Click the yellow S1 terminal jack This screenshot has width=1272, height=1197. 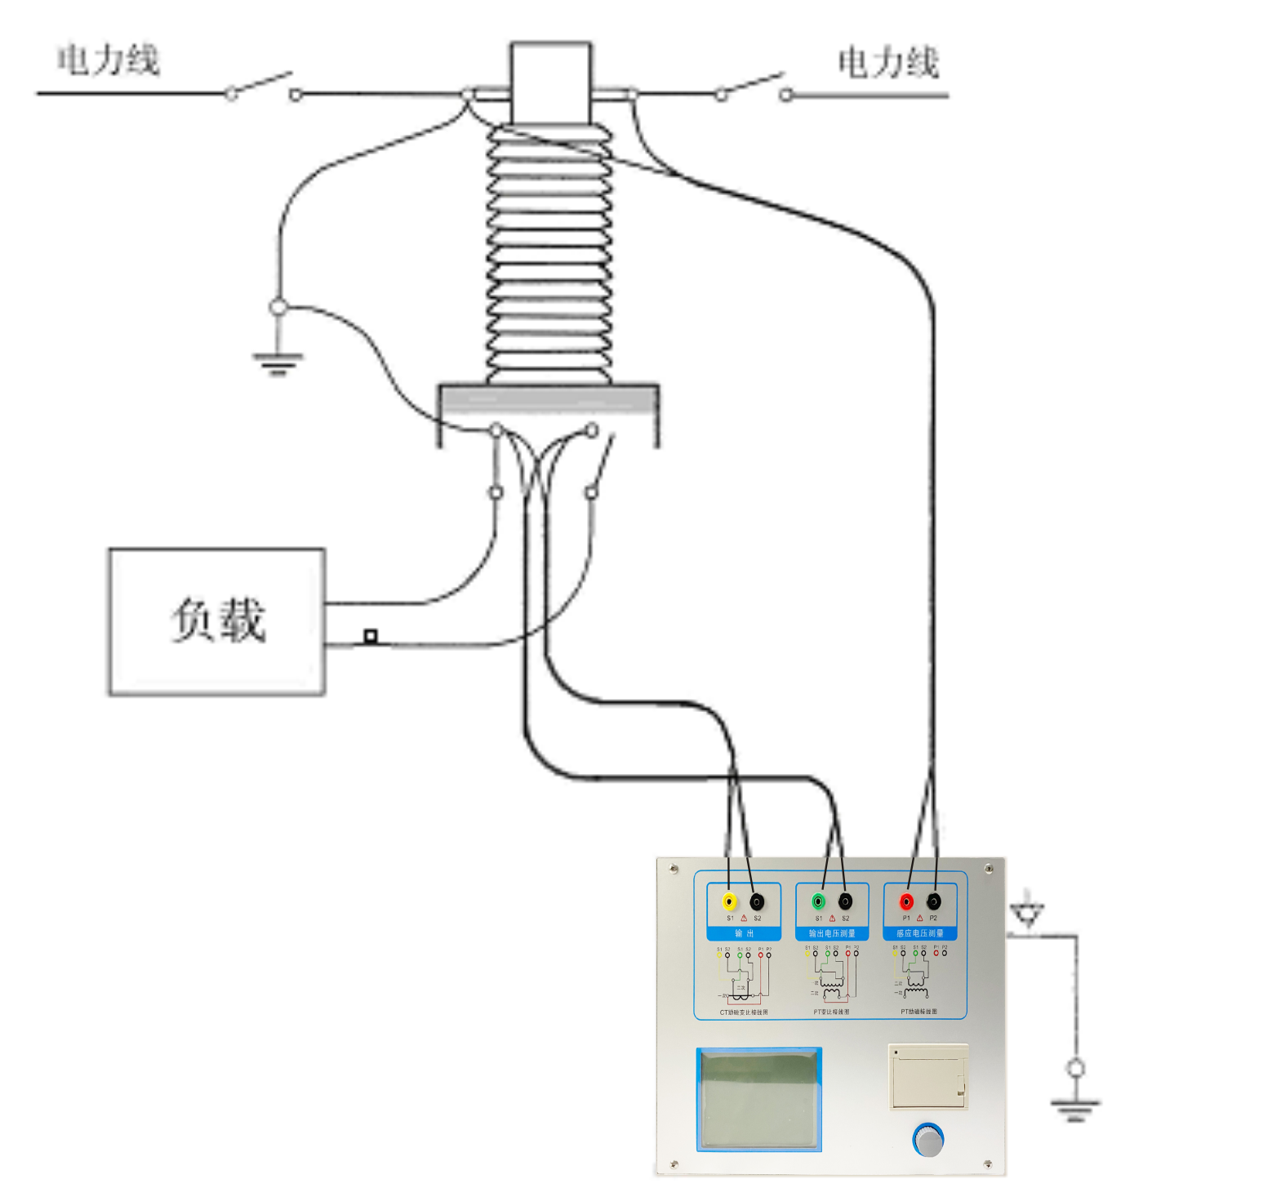[729, 901]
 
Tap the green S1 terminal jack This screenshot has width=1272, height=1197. [818, 901]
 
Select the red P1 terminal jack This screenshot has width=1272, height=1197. [906, 901]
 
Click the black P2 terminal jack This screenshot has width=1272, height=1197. [933, 901]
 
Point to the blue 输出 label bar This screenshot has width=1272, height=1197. [744, 933]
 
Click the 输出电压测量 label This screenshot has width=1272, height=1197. [832, 933]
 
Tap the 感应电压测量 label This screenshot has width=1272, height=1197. [920, 933]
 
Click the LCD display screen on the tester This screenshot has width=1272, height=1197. [758, 1099]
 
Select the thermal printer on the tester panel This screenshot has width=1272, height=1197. [928, 1076]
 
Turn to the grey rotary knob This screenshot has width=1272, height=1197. [929, 1140]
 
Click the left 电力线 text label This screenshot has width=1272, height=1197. [108, 60]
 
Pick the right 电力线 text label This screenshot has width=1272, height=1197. [888, 63]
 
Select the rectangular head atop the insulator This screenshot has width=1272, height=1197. [550, 83]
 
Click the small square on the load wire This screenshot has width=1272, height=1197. [371, 635]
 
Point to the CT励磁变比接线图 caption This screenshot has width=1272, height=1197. [743, 1012]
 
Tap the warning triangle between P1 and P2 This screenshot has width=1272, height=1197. [919, 919]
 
